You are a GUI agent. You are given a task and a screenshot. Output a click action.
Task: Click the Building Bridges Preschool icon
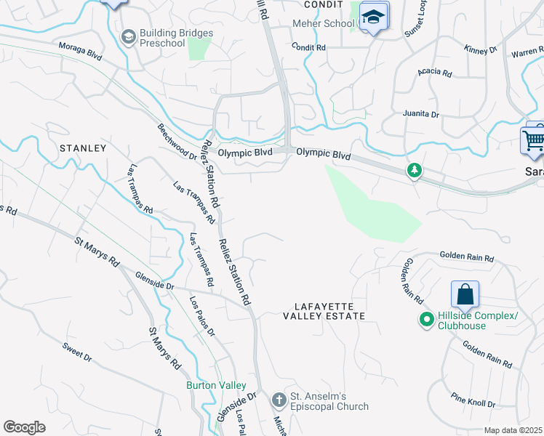(x=129, y=37)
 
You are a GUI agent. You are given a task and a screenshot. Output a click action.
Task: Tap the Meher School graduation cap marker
(x=374, y=17)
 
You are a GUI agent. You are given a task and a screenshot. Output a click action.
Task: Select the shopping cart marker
(x=534, y=139)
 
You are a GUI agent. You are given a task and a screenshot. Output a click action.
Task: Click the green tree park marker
(x=415, y=171)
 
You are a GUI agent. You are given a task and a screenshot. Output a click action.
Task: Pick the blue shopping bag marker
(x=465, y=295)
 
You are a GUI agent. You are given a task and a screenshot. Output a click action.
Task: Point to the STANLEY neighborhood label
(x=82, y=148)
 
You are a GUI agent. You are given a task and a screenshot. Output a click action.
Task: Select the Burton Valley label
(x=216, y=385)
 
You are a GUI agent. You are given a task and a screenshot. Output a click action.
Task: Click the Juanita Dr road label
(x=421, y=115)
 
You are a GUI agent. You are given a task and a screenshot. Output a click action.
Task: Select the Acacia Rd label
(x=435, y=73)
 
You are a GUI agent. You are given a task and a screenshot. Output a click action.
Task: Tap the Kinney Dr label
(x=480, y=49)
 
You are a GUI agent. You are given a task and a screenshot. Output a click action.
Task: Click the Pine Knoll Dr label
(x=473, y=400)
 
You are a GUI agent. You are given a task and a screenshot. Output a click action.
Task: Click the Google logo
(x=25, y=427)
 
